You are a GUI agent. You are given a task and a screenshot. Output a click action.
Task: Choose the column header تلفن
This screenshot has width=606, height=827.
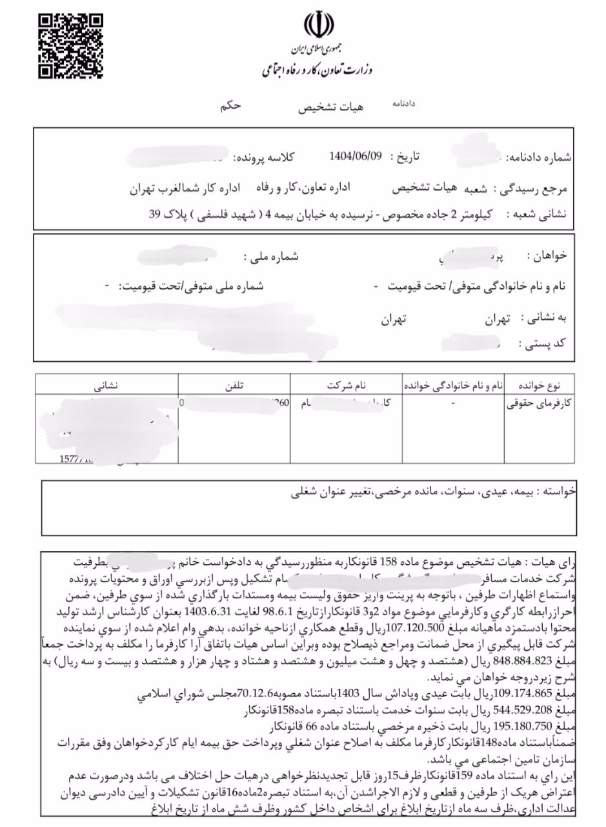(x=233, y=384)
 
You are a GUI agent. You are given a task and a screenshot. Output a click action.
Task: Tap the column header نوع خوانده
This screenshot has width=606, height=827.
(x=539, y=384)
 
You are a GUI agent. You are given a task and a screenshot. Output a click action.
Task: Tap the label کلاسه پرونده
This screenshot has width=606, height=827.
(x=263, y=158)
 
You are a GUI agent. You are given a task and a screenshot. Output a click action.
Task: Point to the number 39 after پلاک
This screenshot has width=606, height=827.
(x=155, y=215)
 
